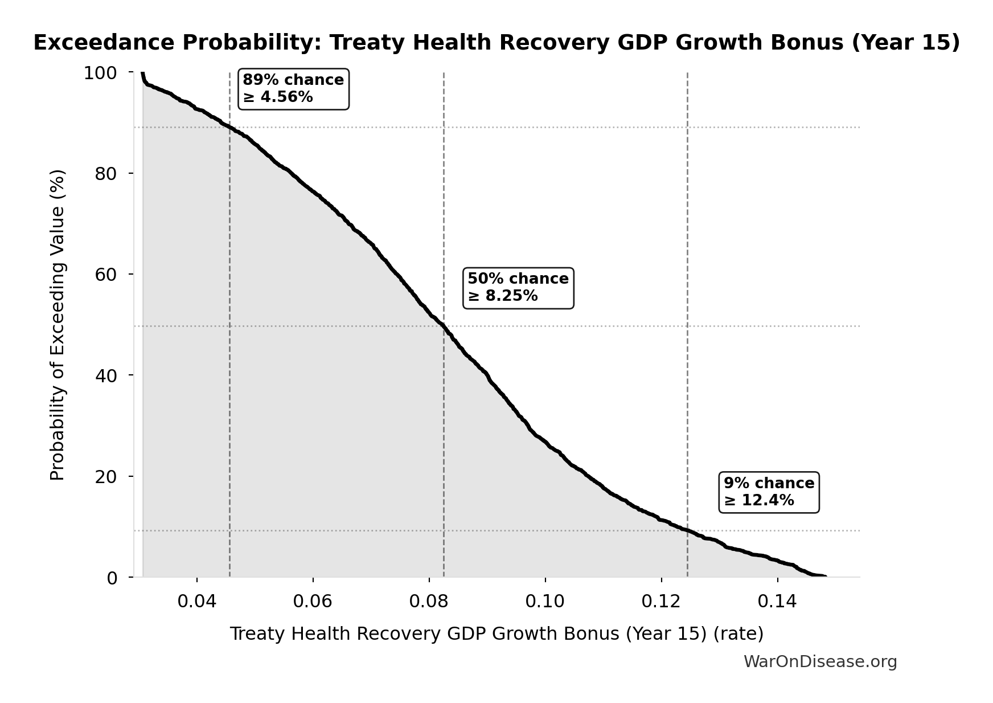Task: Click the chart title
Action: click(x=496, y=43)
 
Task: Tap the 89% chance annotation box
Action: click(x=293, y=89)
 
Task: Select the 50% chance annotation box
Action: click(x=518, y=288)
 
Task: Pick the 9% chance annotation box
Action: click(x=769, y=492)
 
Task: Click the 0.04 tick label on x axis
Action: click(x=196, y=602)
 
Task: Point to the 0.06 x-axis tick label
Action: click(x=313, y=602)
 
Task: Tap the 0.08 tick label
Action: click(x=429, y=602)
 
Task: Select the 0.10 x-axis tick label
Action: click(x=545, y=602)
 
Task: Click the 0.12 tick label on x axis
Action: click(x=661, y=602)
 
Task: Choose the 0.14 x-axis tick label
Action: click(x=777, y=602)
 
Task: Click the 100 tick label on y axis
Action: click(x=100, y=73)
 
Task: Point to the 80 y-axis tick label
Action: click(x=106, y=174)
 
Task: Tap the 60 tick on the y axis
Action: click(x=106, y=275)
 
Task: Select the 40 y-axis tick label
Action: click(x=106, y=375)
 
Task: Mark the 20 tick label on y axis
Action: click(x=106, y=477)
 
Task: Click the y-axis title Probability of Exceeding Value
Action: click(x=58, y=325)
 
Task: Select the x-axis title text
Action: click(x=496, y=633)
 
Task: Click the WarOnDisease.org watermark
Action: click(x=820, y=661)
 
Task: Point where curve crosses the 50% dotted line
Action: click(x=444, y=326)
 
